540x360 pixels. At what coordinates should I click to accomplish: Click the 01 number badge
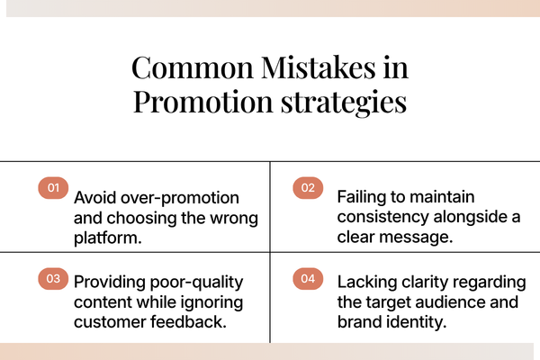(x=53, y=188)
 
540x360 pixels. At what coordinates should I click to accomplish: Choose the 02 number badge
(x=308, y=188)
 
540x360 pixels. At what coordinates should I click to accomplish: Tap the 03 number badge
(x=53, y=279)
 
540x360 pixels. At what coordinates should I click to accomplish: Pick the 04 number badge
(x=308, y=279)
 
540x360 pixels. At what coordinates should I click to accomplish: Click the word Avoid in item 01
(x=94, y=196)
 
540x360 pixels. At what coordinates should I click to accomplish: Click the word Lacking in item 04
(x=365, y=281)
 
